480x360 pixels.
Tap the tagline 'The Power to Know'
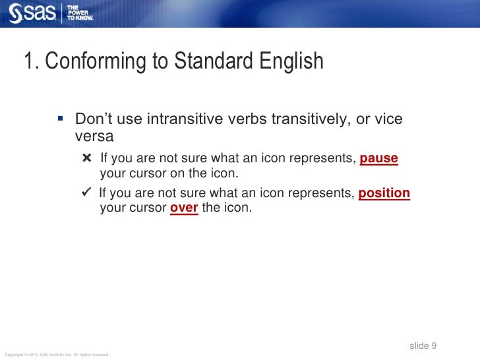pyautogui.click(x=79, y=13)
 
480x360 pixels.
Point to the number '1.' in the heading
pyautogui.click(x=32, y=62)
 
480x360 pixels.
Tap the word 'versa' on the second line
pyautogui.click(x=94, y=136)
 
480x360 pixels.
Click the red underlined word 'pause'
pyautogui.click(x=379, y=160)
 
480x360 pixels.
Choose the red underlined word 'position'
pyautogui.click(x=384, y=193)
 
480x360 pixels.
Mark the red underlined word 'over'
pyautogui.click(x=184, y=208)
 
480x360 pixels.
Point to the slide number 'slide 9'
pyautogui.click(x=423, y=346)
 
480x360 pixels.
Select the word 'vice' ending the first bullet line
pyautogui.click(x=388, y=120)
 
